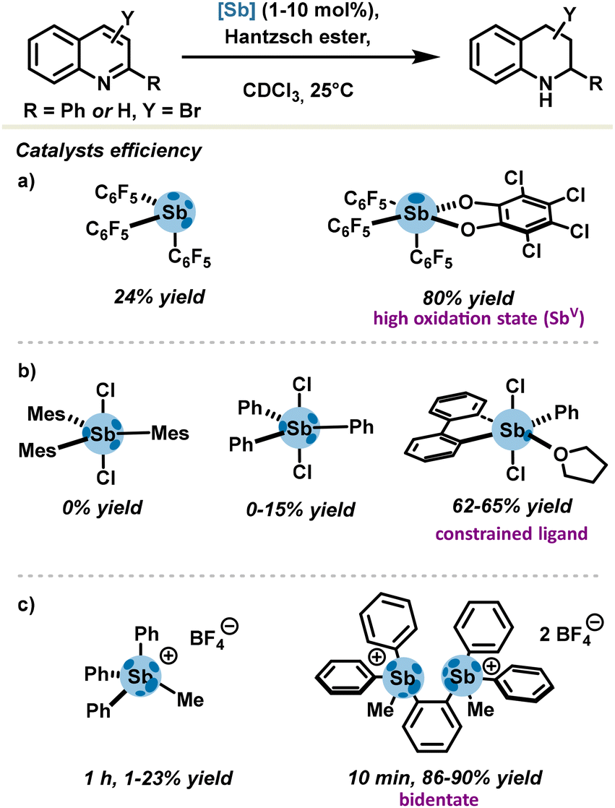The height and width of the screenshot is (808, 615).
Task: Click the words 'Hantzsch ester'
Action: [298, 37]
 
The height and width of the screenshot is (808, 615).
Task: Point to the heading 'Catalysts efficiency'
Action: [108, 150]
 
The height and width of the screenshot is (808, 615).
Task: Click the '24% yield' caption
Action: [160, 296]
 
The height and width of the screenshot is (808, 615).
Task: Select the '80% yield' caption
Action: [469, 297]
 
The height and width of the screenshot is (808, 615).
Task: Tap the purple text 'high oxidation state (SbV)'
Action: [478, 317]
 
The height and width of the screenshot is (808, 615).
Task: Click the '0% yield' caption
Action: [102, 507]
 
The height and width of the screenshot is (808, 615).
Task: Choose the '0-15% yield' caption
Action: [301, 510]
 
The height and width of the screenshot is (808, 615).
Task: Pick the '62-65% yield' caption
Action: [512, 506]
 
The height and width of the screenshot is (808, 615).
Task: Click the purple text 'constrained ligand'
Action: [512, 533]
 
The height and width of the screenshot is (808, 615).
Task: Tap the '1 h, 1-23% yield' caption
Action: [159, 777]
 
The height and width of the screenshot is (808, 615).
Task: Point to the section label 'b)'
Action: [26, 371]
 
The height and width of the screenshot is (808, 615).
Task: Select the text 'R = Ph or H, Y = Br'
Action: [112, 111]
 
